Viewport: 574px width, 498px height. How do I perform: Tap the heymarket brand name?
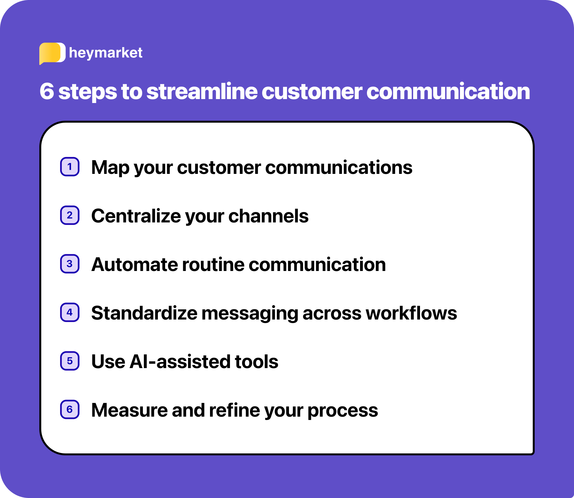(105, 53)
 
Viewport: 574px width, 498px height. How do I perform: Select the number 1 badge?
(70, 167)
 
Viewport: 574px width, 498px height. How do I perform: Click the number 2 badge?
(70, 215)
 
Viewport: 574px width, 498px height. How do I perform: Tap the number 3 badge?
(70, 264)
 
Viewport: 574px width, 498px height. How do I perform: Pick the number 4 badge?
(70, 312)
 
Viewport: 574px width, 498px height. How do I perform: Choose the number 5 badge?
(70, 361)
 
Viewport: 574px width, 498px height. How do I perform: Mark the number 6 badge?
(70, 409)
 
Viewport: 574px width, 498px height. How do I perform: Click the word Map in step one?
(110, 168)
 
